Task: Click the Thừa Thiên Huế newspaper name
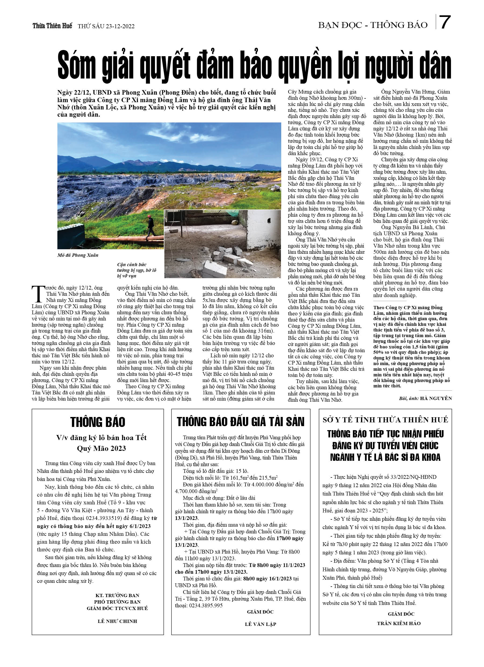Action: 52,26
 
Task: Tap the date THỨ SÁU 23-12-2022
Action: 106,26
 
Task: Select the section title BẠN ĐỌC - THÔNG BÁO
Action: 373,25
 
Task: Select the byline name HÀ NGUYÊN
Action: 436,398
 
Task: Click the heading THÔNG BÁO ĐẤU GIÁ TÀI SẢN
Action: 240,422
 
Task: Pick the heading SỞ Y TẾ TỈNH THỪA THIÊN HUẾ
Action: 385,420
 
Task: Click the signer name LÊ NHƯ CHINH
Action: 117,621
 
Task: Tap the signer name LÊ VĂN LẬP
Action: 260,624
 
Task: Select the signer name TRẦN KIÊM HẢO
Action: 399,623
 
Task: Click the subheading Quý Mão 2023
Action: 101,448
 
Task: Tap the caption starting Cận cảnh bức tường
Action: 137,270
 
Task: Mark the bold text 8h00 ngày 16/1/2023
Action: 268,579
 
